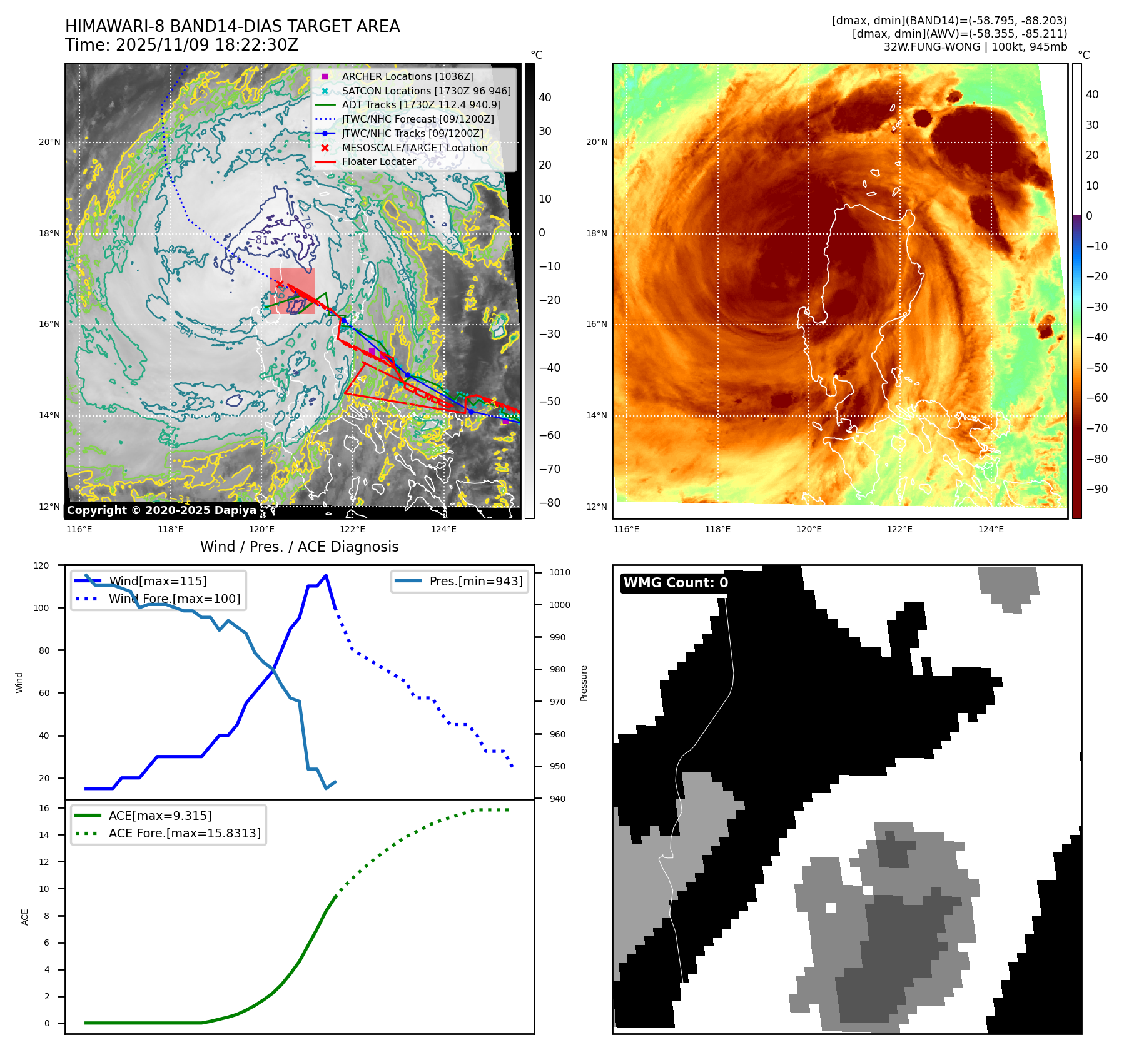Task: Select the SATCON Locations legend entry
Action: tap(426, 91)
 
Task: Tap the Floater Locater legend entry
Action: tap(378, 161)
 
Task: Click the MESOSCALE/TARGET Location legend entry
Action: tap(414, 148)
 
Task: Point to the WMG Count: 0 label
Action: tap(676, 583)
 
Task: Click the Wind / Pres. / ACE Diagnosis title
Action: tap(299, 547)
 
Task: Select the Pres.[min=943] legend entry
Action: tap(475, 581)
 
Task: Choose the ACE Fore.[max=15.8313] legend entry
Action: tap(185, 833)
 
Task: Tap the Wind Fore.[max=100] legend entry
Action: tap(174, 599)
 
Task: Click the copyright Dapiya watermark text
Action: tap(161, 510)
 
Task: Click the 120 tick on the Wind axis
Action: tap(41, 565)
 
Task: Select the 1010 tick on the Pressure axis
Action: tap(560, 572)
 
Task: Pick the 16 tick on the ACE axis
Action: tap(44, 808)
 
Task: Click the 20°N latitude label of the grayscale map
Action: tap(49, 142)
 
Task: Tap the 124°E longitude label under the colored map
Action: tap(991, 529)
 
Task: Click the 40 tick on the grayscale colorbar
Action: tap(545, 98)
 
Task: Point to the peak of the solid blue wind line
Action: tap(326, 575)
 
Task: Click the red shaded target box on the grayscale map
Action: tap(292, 291)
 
